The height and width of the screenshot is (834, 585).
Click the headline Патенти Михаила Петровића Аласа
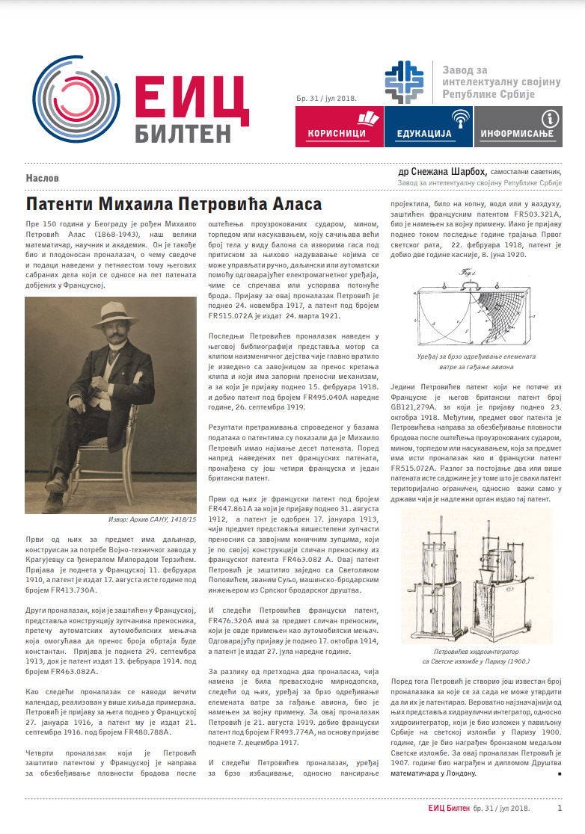[174, 204]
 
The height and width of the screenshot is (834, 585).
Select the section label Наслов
[42, 179]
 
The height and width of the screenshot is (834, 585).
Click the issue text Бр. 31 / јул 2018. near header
[325, 98]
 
